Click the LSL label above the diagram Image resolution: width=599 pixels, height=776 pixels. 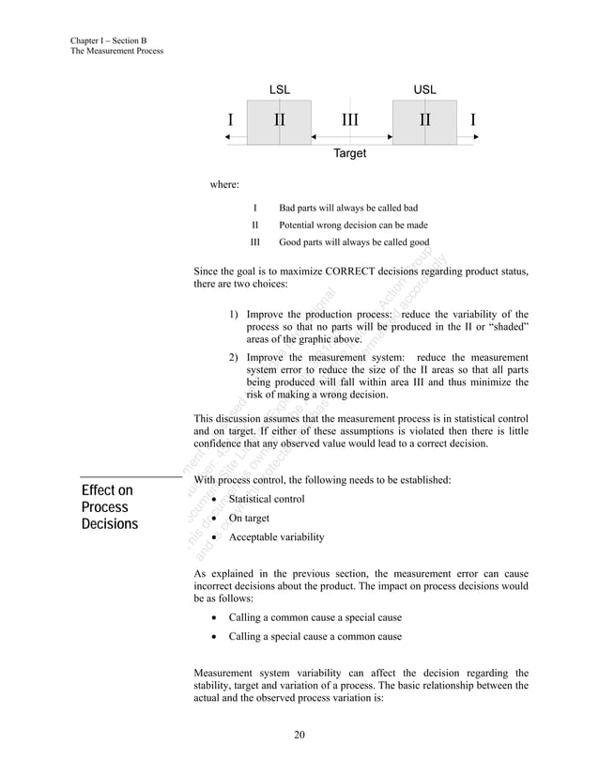(280, 89)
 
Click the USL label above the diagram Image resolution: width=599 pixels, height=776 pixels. (424, 89)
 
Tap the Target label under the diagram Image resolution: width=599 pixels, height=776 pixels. (350, 153)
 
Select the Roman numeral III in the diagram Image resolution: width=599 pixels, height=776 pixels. (349, 120)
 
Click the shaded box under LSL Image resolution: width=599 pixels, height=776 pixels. (279, 121)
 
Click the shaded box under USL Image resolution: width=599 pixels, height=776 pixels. (424, 121)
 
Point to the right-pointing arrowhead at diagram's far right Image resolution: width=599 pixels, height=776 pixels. (477, 137)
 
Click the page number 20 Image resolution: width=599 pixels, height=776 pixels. (299, 734)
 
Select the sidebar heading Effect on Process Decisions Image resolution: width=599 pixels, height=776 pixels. (109, 507)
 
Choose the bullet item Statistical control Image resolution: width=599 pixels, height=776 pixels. (267, 498)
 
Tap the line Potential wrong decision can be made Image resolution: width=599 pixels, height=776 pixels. (354, 225)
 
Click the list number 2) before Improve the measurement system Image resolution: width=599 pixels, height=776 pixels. (234, 357)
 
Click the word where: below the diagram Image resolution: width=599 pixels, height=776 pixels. (223, 185)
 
